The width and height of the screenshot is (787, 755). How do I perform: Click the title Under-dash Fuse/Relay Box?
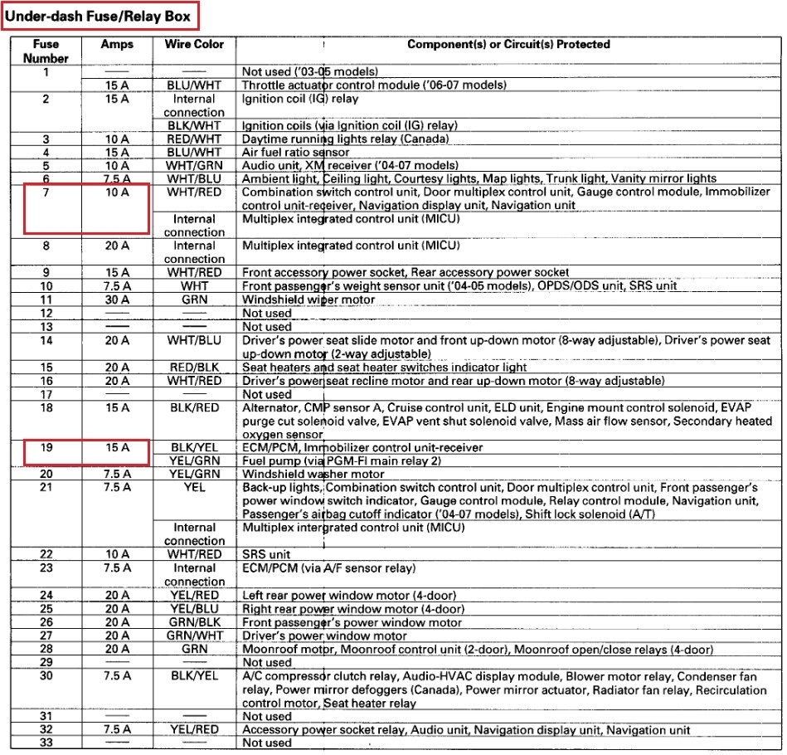coord(99,16)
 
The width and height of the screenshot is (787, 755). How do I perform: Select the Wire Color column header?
coord(194,45)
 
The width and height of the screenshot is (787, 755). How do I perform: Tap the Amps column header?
coord(117,45)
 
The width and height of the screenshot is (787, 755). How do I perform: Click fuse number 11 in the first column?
coord(46,300)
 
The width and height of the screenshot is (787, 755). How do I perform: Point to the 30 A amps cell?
coord(117,300)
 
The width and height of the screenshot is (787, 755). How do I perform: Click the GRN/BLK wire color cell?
coord(194,622)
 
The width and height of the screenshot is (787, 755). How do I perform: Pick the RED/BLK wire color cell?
coord(194,367)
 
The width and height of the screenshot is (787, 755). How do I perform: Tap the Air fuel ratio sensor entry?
coord(295,152)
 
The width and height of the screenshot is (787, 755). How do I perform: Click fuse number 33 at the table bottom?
coord(46,743)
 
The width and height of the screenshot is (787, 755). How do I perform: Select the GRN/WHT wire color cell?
coord(194,636)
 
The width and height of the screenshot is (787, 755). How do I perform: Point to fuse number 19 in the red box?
coord(46,447)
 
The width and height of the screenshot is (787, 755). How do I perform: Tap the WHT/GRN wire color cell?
coord(194,165)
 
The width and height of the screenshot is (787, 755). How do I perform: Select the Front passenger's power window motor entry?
coord(352,622)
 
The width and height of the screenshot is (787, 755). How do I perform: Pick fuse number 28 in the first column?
coord(46,649)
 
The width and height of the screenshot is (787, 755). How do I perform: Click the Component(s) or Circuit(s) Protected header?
coord(508,45)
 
